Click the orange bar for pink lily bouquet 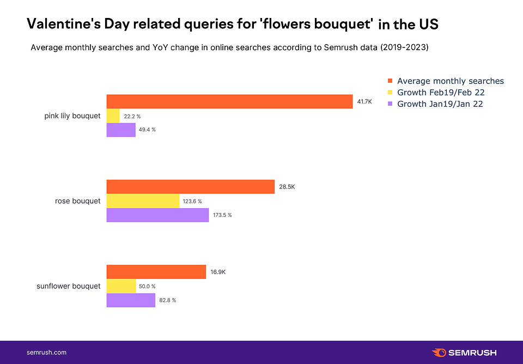pos(229,101)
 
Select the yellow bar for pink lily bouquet pos(113,116)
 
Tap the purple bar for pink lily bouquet pos(121,130)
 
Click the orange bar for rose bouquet pos(190,187)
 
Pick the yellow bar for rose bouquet pos(143,201)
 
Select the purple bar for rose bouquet pos(157,215)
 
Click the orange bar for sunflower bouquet pos(156,272)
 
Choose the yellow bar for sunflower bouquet pos(121,286)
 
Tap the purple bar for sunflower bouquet pos(131,300)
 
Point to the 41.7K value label pos(364,101)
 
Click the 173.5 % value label pos(222,215)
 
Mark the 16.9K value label pos(218,272)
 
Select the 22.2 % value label pos(132,116)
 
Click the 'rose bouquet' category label pos(78,201)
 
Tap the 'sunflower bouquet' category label pos(69,286)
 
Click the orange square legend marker pos(390,81)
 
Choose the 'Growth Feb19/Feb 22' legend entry pos(441,93)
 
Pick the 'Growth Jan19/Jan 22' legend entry pos(440,104)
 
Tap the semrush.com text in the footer pos(46,353)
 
